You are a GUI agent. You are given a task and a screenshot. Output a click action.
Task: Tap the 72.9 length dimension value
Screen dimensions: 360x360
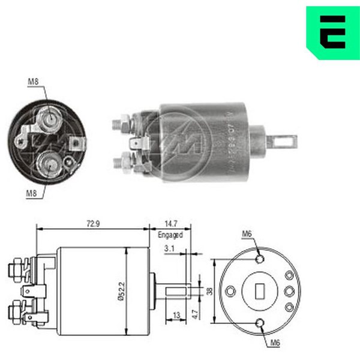tap(92, 223)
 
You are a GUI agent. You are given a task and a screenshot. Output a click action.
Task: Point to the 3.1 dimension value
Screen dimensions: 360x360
tap(169, 248)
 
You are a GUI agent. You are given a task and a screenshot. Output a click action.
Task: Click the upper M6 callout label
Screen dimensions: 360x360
tap(247, 234)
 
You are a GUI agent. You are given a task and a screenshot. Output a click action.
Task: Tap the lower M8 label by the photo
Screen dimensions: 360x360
tap(33, 193)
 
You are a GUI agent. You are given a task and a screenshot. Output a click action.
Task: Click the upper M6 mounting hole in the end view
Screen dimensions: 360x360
tap(260, 259)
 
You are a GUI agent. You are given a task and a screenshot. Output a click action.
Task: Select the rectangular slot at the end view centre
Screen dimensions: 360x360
tap(260, 291)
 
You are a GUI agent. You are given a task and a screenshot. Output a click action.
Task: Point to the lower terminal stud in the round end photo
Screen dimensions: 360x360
tap(49, 161)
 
